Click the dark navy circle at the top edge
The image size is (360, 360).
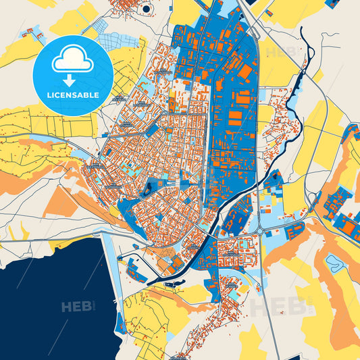pos(147,9)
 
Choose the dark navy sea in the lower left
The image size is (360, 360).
pos(47,304)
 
